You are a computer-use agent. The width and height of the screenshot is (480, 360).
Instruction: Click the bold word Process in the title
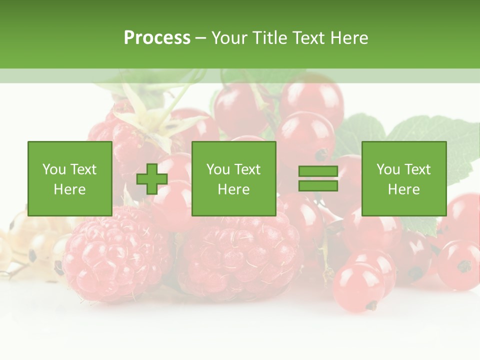pos(157,38)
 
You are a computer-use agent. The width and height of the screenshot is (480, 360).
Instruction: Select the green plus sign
pos(152,179)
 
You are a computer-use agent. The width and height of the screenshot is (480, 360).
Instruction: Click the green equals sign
pos(318,179)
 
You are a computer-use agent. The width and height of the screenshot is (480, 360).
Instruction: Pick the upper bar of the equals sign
pos(318,171)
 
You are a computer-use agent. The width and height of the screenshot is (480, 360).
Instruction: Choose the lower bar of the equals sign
pos(318,186)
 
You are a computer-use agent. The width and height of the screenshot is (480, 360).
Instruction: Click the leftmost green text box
pos(70,178)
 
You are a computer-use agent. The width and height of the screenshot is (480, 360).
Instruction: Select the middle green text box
pos(233,178)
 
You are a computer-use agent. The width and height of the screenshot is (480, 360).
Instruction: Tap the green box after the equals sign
pos(403,178)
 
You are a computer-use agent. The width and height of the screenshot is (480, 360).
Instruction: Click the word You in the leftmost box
pos(53,169)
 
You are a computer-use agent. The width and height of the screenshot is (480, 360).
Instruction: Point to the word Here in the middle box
pos(233,189)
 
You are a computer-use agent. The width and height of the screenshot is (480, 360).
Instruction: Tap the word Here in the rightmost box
pos(403,189)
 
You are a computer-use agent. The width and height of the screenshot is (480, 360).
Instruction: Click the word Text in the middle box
pos(248,169)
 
